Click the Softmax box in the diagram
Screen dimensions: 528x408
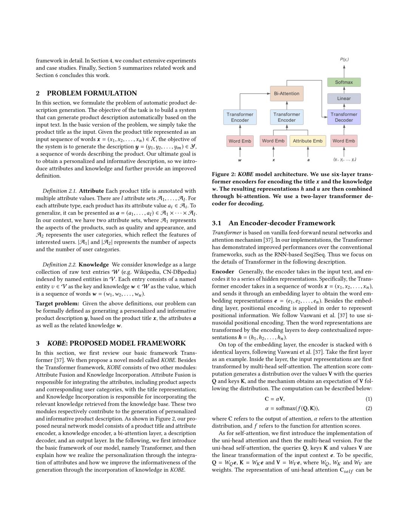click(x=344, y=82)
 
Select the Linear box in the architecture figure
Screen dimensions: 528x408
click(x=344, y=99)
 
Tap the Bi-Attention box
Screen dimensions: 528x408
click(x=286, y=94)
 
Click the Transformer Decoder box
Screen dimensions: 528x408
click(x=344, y=117)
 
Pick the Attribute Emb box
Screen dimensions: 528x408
click(x=308, y=141)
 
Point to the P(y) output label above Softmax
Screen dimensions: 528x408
click(x=344, y=59)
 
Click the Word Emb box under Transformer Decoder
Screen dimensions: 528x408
click(x=344, y=141)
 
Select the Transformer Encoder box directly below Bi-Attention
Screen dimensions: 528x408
click(x=286, y=117)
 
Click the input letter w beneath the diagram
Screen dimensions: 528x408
click(x=240, y=160)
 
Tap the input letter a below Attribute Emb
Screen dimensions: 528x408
click(x=308, y=160)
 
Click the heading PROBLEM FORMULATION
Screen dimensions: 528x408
click(x=92, y=93)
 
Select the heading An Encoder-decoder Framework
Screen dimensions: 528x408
click(x=281, y=223)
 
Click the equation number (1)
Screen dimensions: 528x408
click(x=369, y=399)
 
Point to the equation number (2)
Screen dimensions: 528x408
click(x=369, y=408)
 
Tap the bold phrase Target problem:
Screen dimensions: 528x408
click(x=57, y=304)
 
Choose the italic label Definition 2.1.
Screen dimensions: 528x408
click(x=59, y=191)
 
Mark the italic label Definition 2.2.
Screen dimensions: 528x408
click(x=59, y=265)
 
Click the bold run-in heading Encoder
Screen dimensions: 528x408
click(x=223, y=272)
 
